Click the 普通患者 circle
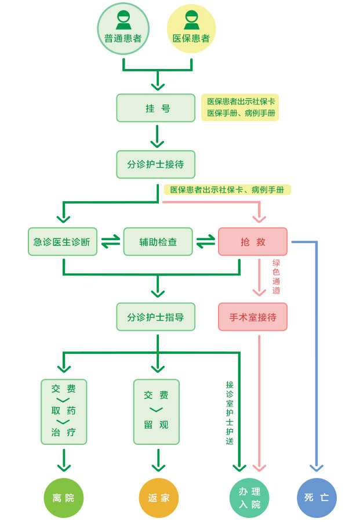pyautogui.click(x=123, y=29)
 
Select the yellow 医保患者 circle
pyautogui.click(x=191, y=29)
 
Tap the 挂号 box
pyautogui.click(x=156, y=108)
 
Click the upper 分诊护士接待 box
pyautogui.click(x=156, y=164)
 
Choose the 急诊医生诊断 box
pyautogui.click(x=63, y=242)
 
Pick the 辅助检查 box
pyautogui.click(x=158, y=242)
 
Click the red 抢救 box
pyautogui.click(x=253, y=242)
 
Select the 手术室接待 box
pyautogui.click(x=253, y=317)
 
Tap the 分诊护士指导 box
pyautogui.click(x=156, y=317)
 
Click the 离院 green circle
pyautogui.click(x=64, y=498)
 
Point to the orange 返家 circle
pyautogui.click(x=159, y=498)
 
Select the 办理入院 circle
pyautogui.click(x=250, y=498)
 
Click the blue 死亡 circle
pyautogui.click(x=317, y=498)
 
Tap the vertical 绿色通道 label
pyautogui.click(x=277, y=277)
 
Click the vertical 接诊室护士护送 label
pyautogui.click(x=230, y=412)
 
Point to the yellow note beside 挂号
pyautogui.click(x=240, y=108)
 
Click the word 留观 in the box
pyautogui.click(x=157, y=425)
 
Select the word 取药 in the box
pyautogui.click(x=64, y=411)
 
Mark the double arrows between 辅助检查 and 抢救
pyautogui.click(x=205, y=242)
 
